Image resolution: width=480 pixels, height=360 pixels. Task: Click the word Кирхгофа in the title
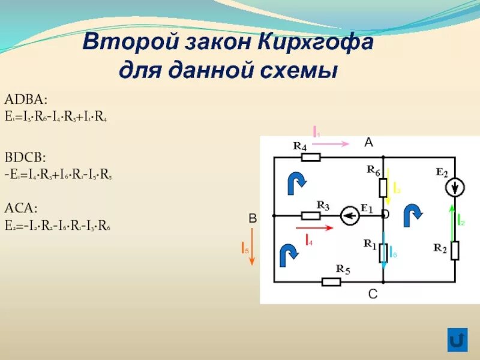coord(317,43)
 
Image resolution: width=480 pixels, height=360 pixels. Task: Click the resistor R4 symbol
coord(311,157)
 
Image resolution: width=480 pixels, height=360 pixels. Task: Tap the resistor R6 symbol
coord(383,188)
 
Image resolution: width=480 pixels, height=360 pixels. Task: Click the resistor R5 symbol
coord(331,282)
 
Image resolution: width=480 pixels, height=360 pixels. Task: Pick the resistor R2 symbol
coord(455,250)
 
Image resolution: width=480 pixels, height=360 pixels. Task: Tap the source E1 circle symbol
coord(349,216)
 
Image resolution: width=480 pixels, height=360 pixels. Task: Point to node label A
coord(368,142)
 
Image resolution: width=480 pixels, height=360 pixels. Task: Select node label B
coord(253,220)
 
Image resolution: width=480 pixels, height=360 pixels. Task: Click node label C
coord(373,294)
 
